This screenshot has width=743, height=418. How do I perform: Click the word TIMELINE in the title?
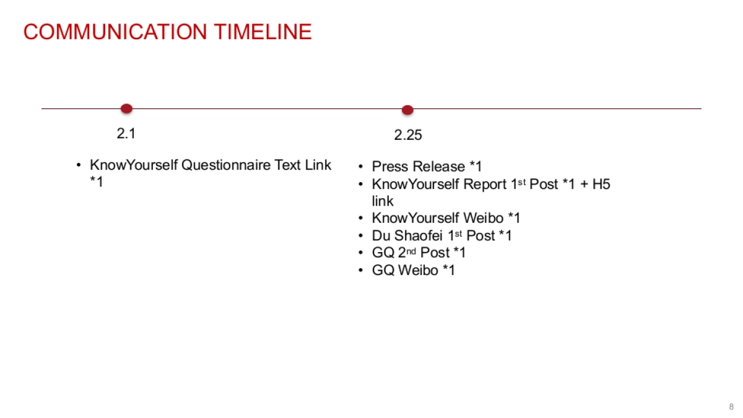pyautogui.click(x=263, y=32)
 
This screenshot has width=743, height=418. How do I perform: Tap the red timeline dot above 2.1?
pyautogui.click(x=126, y=109)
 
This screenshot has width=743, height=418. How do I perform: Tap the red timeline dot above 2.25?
pyautogui.click(x=407, y=110)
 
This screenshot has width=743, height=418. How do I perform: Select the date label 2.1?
pyautogui.click(x=126, y=133)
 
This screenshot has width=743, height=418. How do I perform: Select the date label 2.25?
pyautogui.click(x=408, y=135)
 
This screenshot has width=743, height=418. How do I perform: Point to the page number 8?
pyautogui.click(x=731, y=406)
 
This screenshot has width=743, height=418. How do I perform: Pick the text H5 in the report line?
pyautogui.click(x=601, y=184)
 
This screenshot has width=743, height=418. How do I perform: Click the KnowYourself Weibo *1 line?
pyautogui.click(x=446, y=218)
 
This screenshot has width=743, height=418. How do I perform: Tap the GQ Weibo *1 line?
pyautogui.click(x=413, y=270)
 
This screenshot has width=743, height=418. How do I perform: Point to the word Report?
pyautogui.click(x=485, y=184)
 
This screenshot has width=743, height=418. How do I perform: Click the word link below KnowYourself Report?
pyautogui.click(x=382, y=201)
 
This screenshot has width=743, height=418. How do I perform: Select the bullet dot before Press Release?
pyautogui.click(x=360, y=167)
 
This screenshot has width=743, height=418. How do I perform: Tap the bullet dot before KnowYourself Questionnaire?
pyautogui.click(x=79, y=165)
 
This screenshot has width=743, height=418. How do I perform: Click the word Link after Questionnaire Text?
pyautogui.click(x=318, y=165)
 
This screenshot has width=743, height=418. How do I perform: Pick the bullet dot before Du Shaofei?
pyautogui.click(x=360, y=236)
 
